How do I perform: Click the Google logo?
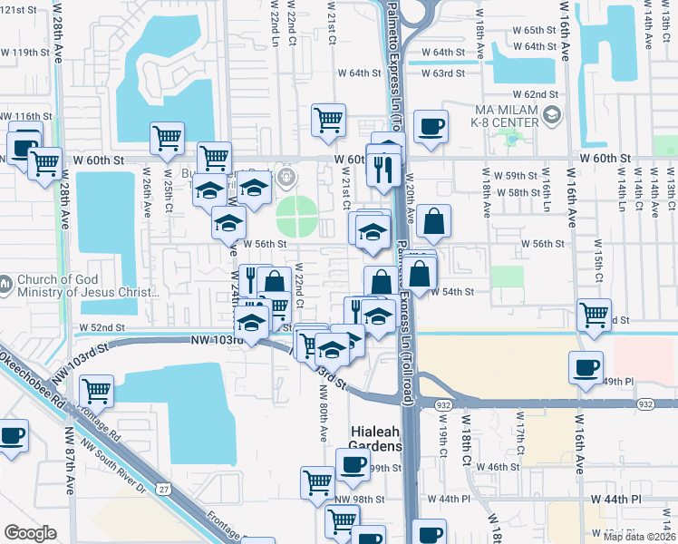30,533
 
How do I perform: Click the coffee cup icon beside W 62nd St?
431,126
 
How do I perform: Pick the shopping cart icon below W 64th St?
328,119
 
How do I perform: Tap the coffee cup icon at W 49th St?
586,367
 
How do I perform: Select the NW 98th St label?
360,500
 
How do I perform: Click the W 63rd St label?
443,73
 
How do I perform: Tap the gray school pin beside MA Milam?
554,113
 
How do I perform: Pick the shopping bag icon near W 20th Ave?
434,220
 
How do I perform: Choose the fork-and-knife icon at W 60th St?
384,169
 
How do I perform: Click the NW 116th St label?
27,117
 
